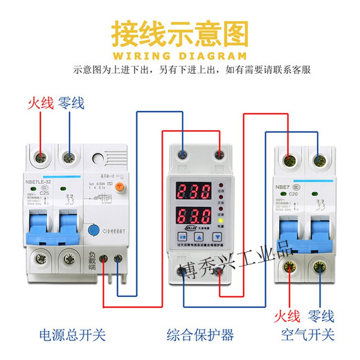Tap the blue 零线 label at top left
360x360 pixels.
pyautogui.click(x=71, y=104)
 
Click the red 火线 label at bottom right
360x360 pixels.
pyautogui.click(x=287, y=316)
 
